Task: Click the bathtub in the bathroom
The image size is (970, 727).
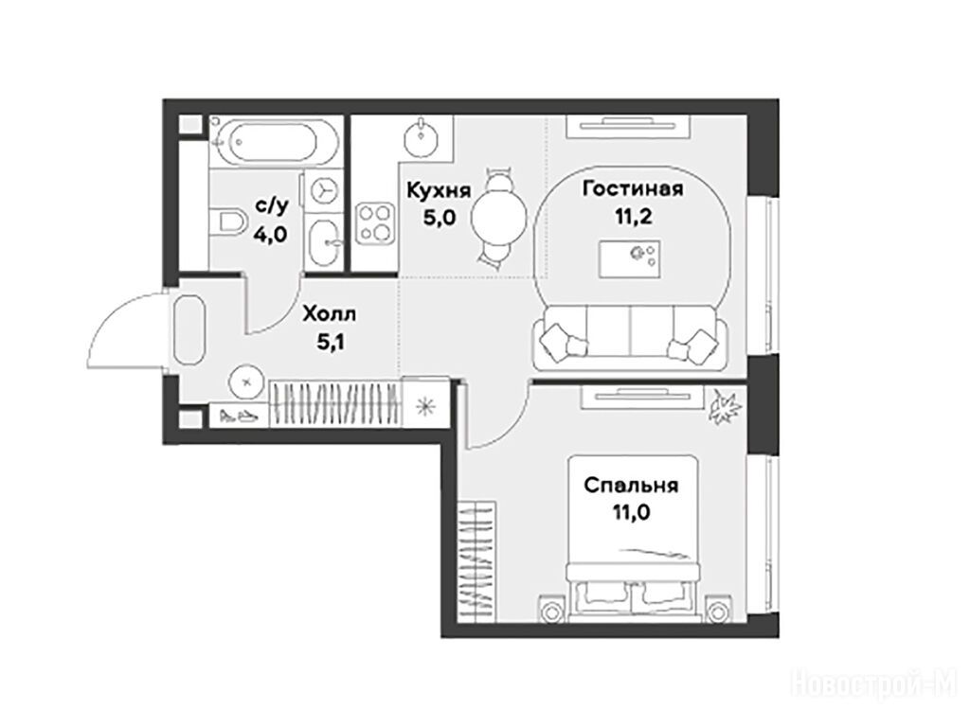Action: pyautogui.click(x=276, y=142)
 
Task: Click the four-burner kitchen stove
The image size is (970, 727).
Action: pyautogui.click(x=375, y=222)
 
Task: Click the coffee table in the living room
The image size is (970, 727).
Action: pyautogui.click(x=630, y=259)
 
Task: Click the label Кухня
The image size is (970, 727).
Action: pyautogui.click(x=439, y=190)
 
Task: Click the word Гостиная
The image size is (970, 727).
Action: pyautogui.click(x=633, y=188)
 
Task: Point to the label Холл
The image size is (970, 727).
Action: pyautogui.click(x=329, y=314)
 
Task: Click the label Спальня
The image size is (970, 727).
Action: pyautogui.click(x=631, y=486)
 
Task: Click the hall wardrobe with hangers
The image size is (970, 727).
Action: pyautogui.click(x=336, y=403)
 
